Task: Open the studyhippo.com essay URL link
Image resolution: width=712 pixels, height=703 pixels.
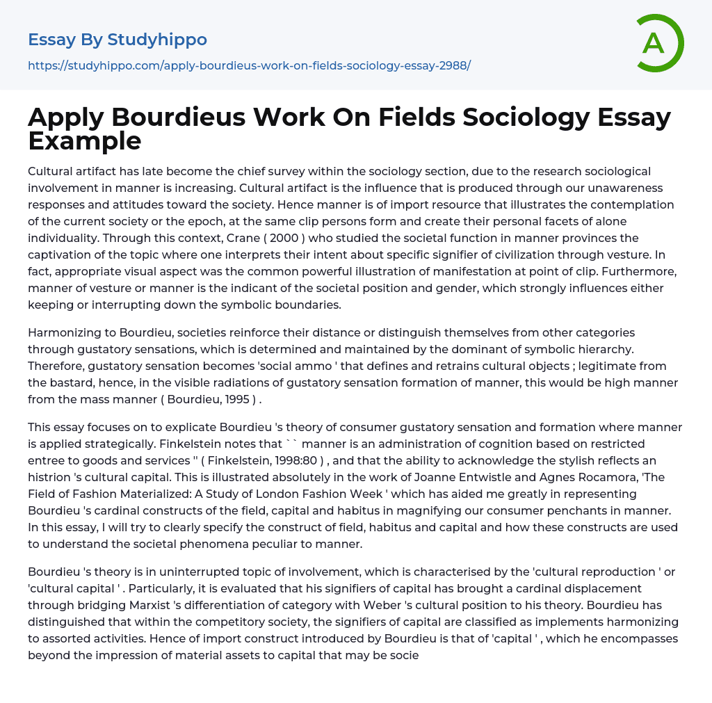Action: (x=249, y=65)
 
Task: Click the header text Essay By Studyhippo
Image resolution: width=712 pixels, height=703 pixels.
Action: (x=118, y=40)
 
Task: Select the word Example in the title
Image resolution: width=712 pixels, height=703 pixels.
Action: (x=85, y=140)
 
